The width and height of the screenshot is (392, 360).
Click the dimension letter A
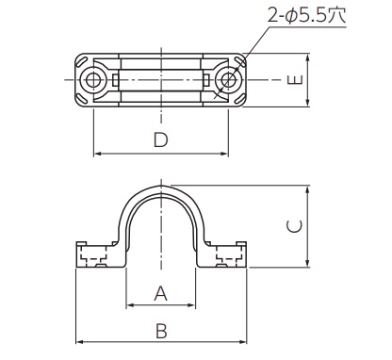[x=161, y=293]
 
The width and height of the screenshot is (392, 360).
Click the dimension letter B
[x=161, y=331]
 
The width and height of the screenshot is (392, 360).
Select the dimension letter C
[x=295, y=227]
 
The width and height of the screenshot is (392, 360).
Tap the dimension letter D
[x=161, y=140]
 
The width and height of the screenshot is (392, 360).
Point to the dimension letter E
[x=295, y=80]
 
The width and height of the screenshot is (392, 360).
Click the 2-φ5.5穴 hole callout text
[x=307, y=15]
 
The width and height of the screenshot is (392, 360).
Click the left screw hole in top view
[x=91, y=80]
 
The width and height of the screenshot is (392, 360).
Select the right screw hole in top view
[x=228, y=80]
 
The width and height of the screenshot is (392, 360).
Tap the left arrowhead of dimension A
[x=129, y=305]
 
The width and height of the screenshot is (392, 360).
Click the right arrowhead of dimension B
[x=243, y=342]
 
